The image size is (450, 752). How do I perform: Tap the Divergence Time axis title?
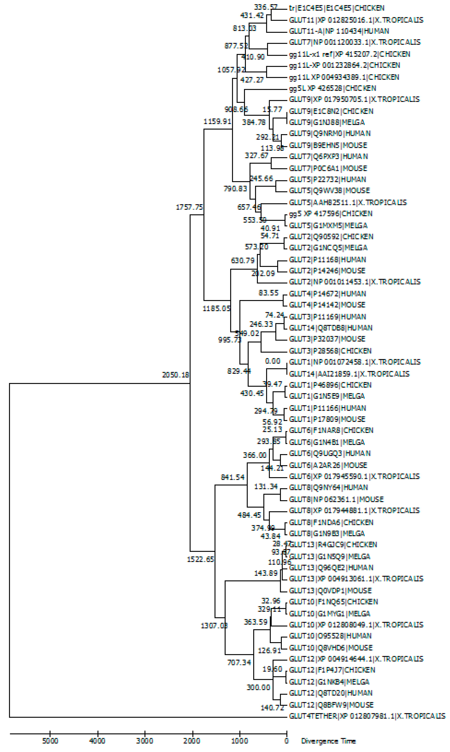point(328,741)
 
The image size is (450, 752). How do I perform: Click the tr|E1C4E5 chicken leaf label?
point(337,8)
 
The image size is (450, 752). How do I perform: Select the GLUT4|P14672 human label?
point(327,294)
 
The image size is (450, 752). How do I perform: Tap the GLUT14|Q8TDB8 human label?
point(330,328)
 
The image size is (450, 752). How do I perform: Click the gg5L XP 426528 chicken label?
point(332,88)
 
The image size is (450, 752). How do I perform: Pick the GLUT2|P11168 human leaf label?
point(327,260)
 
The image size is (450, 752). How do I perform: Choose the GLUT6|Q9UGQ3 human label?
point(330,454)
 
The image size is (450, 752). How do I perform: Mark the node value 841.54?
point(233,477)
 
